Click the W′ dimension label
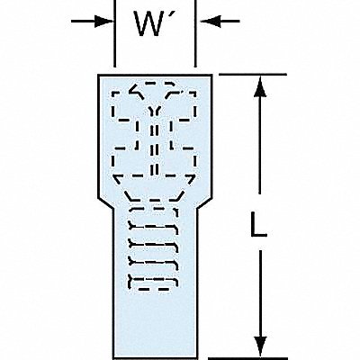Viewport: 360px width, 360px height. point(151,23)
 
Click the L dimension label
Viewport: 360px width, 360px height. point(258,224)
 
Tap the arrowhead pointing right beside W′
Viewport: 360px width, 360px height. point(103,22)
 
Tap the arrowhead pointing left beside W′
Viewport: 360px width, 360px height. point(210,22)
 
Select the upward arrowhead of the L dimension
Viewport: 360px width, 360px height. point(260,87)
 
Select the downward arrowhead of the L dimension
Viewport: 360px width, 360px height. point(260,346)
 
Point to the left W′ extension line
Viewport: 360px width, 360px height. point(115,33)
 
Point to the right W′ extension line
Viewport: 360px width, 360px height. point(195,33)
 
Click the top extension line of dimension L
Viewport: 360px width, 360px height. point(253,74)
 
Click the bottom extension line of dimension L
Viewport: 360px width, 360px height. point(247,358)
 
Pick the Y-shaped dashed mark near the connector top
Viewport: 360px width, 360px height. point(155,112)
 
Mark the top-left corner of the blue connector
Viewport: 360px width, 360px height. point(98,75)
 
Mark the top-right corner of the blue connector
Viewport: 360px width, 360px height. point(212,75)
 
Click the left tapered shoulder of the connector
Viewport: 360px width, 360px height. point(105,203)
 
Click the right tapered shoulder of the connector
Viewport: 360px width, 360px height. point(204,203)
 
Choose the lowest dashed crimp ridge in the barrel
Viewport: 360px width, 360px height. point(153,283)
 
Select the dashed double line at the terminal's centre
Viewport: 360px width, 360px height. point(154,148)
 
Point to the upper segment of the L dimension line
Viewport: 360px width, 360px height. point(260,135)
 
